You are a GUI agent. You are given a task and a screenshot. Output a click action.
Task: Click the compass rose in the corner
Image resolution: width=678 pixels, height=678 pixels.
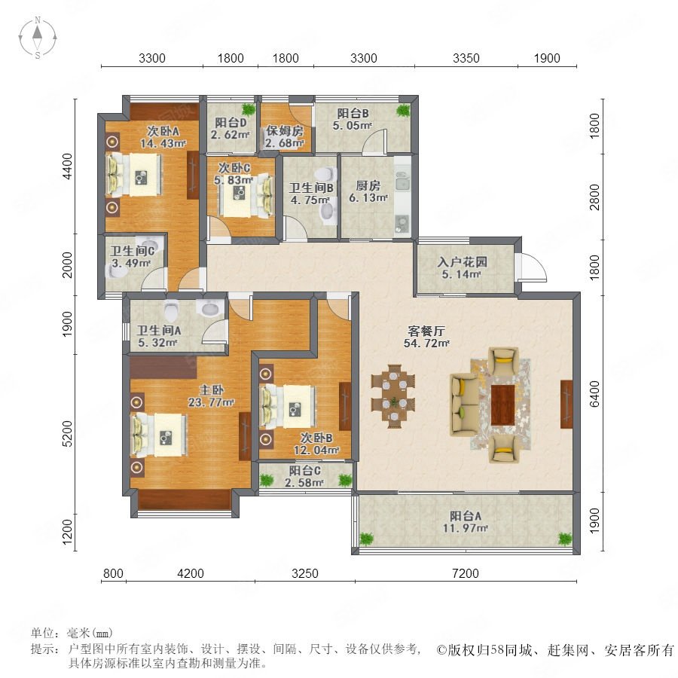tap(38, 38)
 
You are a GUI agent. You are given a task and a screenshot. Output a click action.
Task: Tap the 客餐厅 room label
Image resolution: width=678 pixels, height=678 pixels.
tap(426, 331)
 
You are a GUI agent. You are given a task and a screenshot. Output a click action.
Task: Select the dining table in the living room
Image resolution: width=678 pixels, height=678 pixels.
tap(393, 396)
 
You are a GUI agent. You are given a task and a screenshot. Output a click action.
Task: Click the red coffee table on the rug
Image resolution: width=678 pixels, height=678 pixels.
tap(502, 405)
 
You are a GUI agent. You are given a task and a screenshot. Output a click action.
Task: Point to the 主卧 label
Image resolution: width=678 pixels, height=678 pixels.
tap(212, 390)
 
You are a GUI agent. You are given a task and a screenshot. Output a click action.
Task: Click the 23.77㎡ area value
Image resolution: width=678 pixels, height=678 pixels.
tap(211, 402)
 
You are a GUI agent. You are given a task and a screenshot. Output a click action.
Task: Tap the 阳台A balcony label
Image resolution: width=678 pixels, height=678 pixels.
tap(466, 516)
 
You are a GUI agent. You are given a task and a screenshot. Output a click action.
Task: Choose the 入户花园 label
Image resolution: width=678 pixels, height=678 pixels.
tap(463, 262)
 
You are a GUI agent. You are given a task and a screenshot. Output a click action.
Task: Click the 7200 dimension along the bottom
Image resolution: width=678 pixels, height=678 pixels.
tap(466, 573)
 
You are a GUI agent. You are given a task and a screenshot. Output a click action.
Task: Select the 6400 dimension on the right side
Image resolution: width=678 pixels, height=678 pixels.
tap(595, 394)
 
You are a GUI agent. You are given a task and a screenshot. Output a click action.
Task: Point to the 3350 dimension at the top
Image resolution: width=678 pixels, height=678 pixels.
tap(466, 58)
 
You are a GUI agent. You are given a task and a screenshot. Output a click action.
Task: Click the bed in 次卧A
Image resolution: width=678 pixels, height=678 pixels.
tap(135, 175)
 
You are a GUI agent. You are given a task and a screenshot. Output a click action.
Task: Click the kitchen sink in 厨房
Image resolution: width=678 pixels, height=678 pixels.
tap(402, 182)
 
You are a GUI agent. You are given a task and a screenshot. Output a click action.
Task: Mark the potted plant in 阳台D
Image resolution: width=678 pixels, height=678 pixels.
tap(248, 108)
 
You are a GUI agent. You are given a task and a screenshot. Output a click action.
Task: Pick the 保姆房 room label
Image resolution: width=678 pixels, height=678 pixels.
tap(285, 130)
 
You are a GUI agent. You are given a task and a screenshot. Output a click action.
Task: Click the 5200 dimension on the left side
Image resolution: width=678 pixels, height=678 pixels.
tap(67, 434)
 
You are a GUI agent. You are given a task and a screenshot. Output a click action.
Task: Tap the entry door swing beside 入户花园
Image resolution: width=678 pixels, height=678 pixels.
tap(531, 267)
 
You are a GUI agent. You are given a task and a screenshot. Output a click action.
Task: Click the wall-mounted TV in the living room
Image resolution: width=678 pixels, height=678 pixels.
tap(567, 405)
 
